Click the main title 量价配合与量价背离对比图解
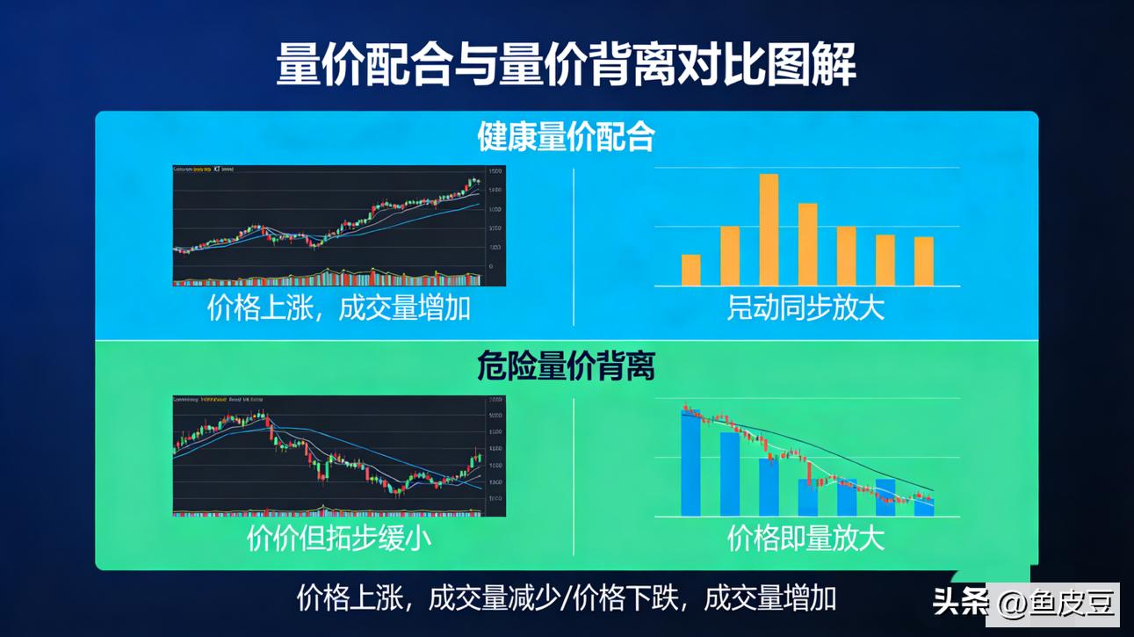pyautogui.click(x=567, y=66)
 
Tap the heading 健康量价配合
pyautogui.click(x=567, y=137)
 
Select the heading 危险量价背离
pyautogui.click(x=567, y=366)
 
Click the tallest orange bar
pyautogui.click(x=769, y=230)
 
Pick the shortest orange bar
pyautogui.click(x=691, y=271)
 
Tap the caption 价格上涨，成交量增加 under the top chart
pyautogui.click(x=339, y=308)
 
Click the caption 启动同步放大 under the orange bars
pyautogui.click(x=805, y=308)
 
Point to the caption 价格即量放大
pyautogui.click(x=805, y=538)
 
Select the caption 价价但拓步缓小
pyautogui.click(x=339, y=538)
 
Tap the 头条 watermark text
pyautogui.click(x=960, y=604)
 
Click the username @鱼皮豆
pyautogui.click(x=1054, y=604)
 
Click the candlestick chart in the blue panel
pyautogui.click(x=339, y=225)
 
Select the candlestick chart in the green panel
pyautogui.click(x=339, y=455)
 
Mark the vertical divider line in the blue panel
pyautogui.click(x=574, y=246)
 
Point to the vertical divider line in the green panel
pyautogui.click(x=574, y=474)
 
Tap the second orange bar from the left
pyautogui.click(x=730, y=257)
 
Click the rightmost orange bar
pyautogui.click(x=923, y=262)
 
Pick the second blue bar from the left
pyautogui.click(x=730, y=474)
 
